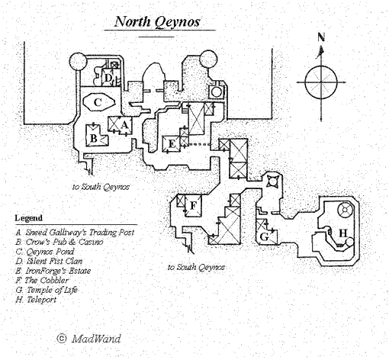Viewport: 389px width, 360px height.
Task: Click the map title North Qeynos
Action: tap(157, 21)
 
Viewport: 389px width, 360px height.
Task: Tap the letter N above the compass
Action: tap(321, 37)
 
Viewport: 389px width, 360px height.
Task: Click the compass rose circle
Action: tap(321, 82)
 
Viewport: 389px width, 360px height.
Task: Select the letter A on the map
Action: tap(124, 125)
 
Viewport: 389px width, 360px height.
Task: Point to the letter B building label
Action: tap(94, 138)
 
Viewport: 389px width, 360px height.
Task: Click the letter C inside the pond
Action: tap(98, 102)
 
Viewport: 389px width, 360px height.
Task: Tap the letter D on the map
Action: tap(108, 78)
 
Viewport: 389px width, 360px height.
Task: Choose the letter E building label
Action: tap(172, 144)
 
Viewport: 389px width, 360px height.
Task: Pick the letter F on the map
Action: tap(193, 205)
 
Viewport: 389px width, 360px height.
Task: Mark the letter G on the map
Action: tap(265, 237)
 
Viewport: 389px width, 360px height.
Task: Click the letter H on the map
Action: tap(343, 233)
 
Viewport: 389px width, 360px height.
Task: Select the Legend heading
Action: tap(28, 218)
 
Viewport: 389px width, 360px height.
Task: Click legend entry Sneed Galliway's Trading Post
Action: tap(75, 233)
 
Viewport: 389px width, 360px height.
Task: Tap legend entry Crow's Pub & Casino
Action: tap(59, 242)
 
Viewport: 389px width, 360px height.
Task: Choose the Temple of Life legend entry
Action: tap(47, 290)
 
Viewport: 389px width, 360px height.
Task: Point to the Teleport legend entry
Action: tap(36, 300)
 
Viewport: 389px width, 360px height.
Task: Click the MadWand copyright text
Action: tap(88, 339)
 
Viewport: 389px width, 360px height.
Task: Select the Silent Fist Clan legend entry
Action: tap(49, 261)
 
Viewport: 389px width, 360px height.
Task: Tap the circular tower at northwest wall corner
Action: tap(78, 61)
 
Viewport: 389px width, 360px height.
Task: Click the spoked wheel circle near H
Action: tap(345, 211)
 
